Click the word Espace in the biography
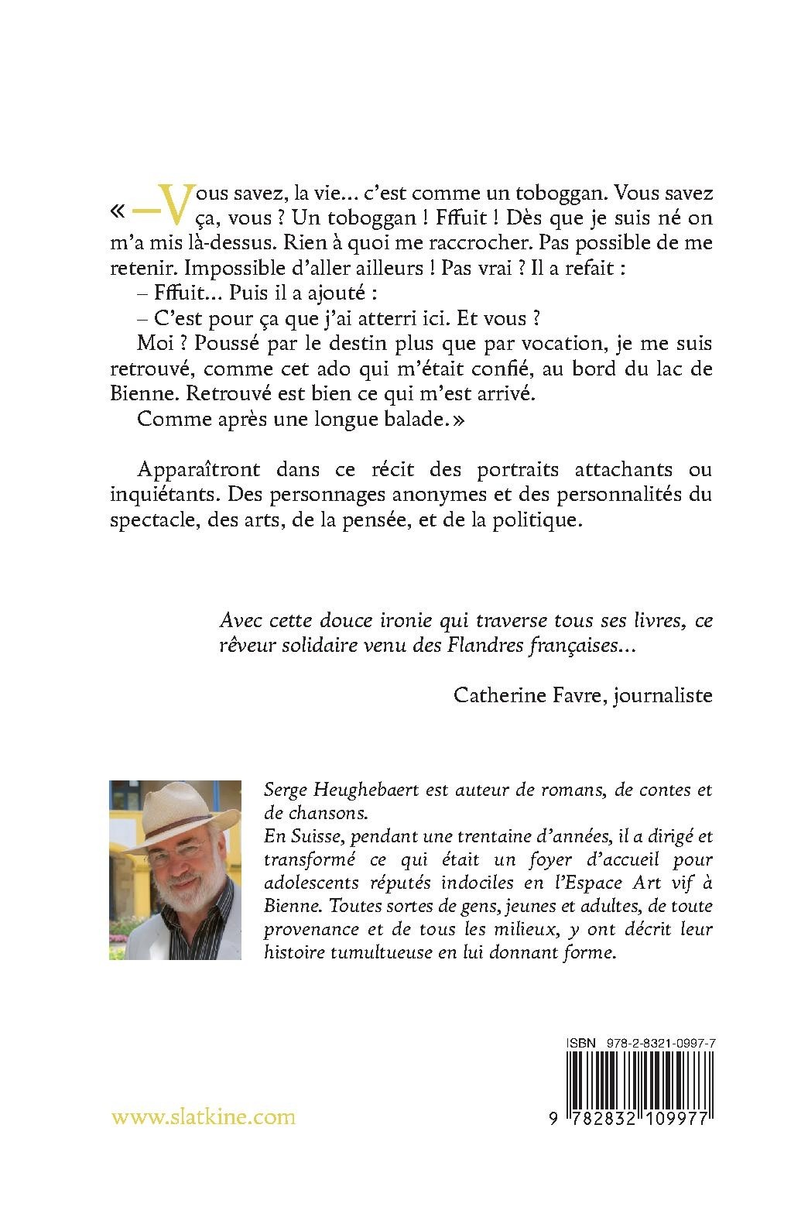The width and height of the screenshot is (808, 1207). pyautogui.click(x=588, y=883)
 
